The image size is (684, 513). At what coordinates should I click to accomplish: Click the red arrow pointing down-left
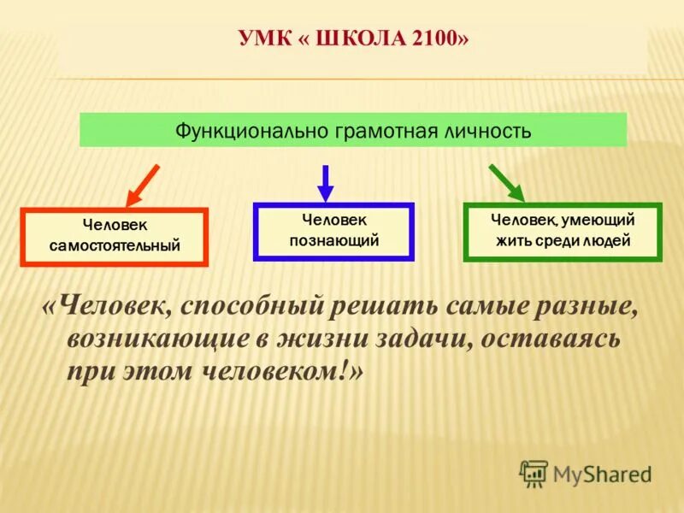(x=142, y=183)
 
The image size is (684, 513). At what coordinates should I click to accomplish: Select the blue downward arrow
(x=325, y=181)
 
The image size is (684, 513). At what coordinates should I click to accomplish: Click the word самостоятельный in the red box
(x=114, y=245)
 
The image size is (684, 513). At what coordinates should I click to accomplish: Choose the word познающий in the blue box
(x=333, y=240)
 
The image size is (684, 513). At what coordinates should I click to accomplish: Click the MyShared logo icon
(x=534, y=473)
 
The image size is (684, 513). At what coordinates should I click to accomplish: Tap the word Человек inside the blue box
(x=333, y=220)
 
